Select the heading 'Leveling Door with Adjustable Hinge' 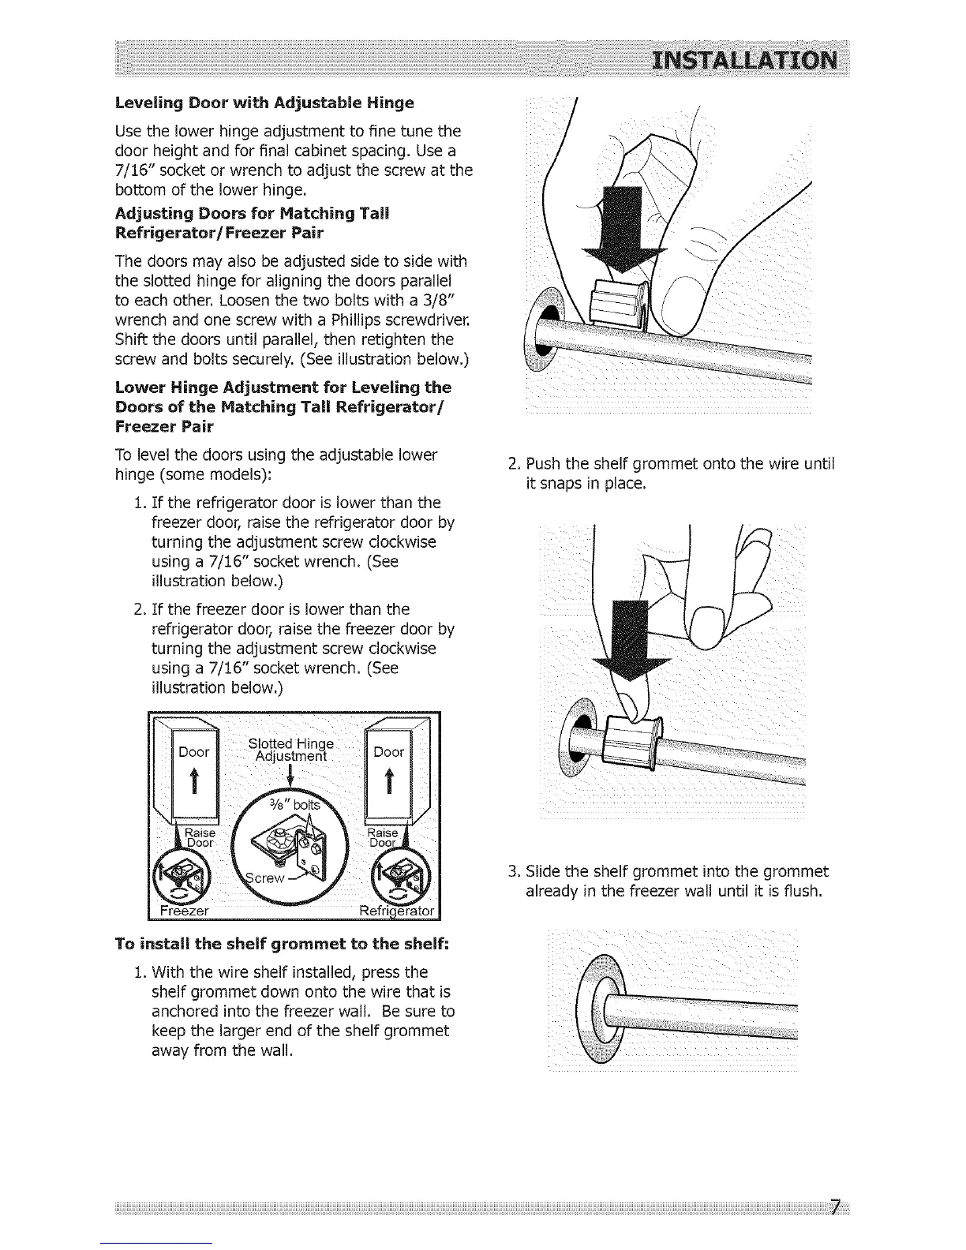264,103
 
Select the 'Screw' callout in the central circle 264,878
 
